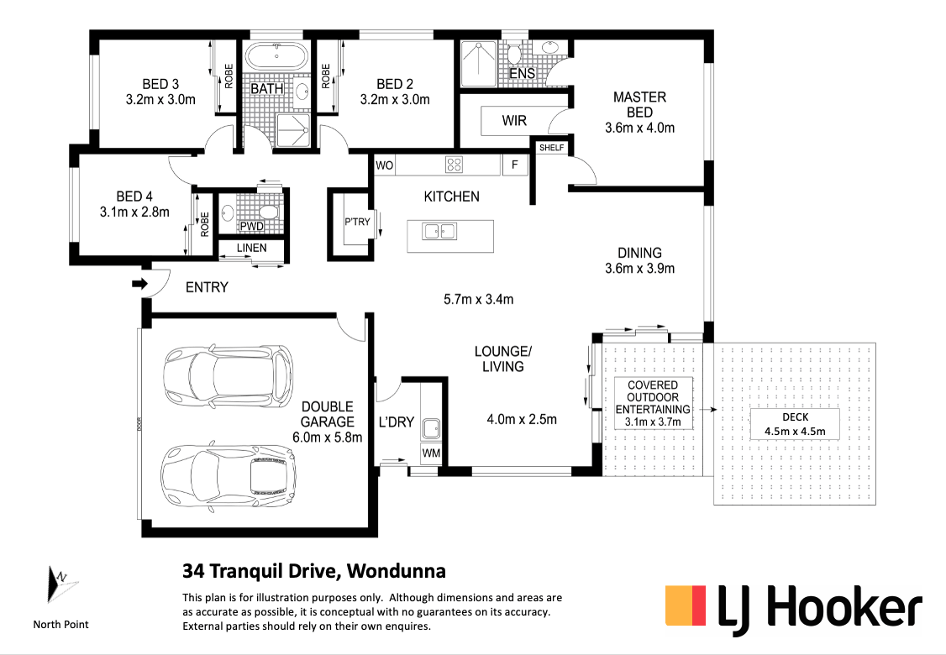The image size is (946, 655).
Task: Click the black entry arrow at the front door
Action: [140, 284]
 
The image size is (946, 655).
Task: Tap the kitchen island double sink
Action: [440, 231]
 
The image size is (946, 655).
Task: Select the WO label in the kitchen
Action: [384, 165]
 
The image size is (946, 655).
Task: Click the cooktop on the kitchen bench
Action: [454, 165]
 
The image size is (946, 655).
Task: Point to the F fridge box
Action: [515, 165]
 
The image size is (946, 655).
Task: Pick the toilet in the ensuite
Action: [514, 55]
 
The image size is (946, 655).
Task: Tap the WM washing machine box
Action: [431, 453]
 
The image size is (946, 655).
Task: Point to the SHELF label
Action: [551, 147]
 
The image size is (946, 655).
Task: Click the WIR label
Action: [514, 121]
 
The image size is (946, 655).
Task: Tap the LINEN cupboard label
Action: [251, 248]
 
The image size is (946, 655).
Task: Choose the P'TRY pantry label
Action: [357, 222]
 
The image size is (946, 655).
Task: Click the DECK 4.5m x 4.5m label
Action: [795, 424]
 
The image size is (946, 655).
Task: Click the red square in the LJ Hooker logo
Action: [698, 605]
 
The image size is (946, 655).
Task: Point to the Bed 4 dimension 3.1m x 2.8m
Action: [134, 212]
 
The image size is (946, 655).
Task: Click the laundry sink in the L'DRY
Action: [431, 428]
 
